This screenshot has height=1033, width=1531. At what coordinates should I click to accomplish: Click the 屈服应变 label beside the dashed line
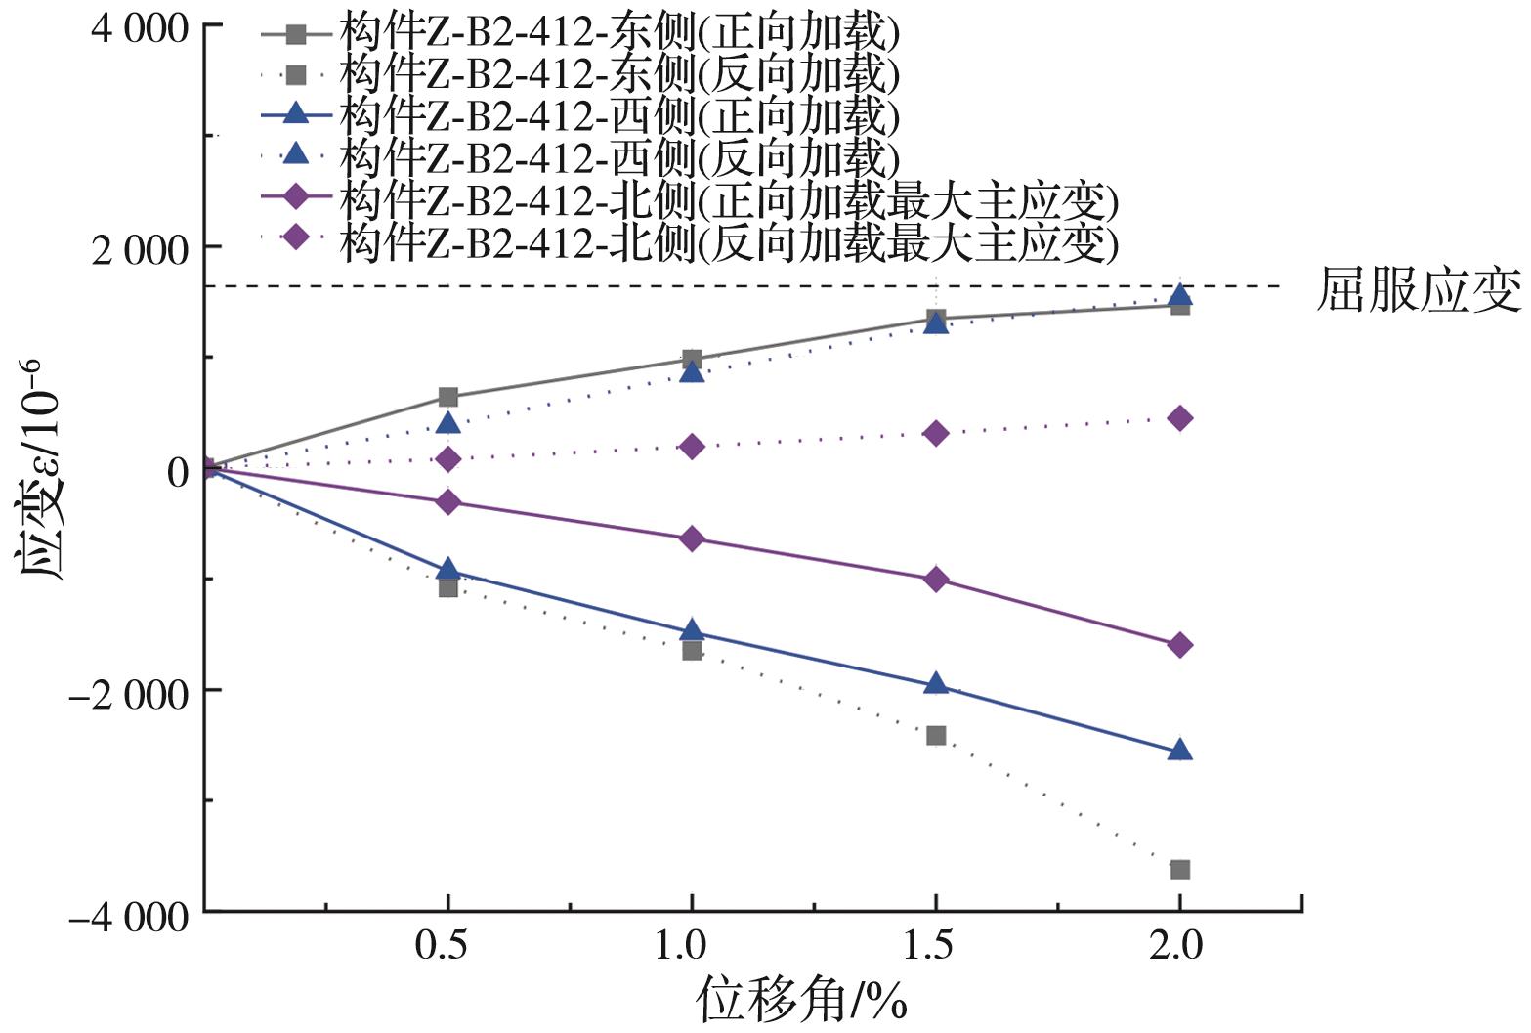pyautogui.click(x=1419, y=290)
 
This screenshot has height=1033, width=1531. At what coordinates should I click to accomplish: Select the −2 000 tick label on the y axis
pyautogui.click(x=127, y=693)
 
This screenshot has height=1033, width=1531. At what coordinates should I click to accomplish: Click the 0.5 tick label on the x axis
pyautogui.click(x=447, y=945)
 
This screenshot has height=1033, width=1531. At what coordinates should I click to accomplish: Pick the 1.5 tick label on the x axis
pyautogui.click(x=936, y=945)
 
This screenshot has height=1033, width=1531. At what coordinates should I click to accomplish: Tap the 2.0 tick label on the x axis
pyautogui.click(x=1180, y=945)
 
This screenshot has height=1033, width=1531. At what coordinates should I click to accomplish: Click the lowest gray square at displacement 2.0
pyautogui.click(x=1180, y=870)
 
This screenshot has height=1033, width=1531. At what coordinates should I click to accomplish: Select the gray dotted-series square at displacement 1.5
pyautogui.click(x=936, y=735)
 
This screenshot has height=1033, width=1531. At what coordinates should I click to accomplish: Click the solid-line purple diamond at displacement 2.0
pyautogui.click(x=1180, y=645)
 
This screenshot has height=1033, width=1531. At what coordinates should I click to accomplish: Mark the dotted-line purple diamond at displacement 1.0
pyautogui.click(x=692, y=447)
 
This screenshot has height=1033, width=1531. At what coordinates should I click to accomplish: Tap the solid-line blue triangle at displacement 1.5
pyautogui.click(x=936, y=683)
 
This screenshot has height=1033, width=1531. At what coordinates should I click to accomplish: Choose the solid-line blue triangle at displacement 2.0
pyautogui.click(x=1180, y=750)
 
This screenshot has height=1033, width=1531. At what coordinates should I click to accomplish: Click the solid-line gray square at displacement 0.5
pyautogui.click(x=447, y=397)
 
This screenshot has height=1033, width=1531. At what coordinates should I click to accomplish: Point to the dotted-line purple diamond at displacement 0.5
pyautogui.click(x=447, y=458)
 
